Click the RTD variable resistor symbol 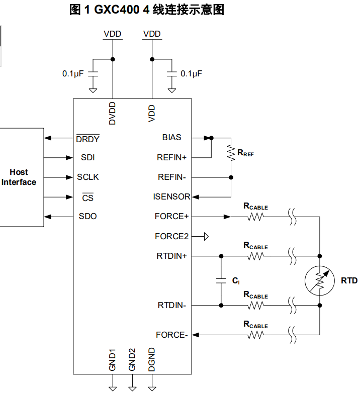point(319,280)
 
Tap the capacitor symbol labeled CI point(220,280)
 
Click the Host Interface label point(19,177)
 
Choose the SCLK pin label point(88,177)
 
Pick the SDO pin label point(88,216)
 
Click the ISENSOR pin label point(171,196)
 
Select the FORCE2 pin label point(171,236)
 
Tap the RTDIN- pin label point(172,305)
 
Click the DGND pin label point(152,359)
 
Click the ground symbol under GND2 point(132,388)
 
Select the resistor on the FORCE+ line point(255,217)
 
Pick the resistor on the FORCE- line point(255,335)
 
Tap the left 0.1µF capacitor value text point(72,73)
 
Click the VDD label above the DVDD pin point(113,34)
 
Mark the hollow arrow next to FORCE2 point(205,236)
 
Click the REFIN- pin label point(172,177)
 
